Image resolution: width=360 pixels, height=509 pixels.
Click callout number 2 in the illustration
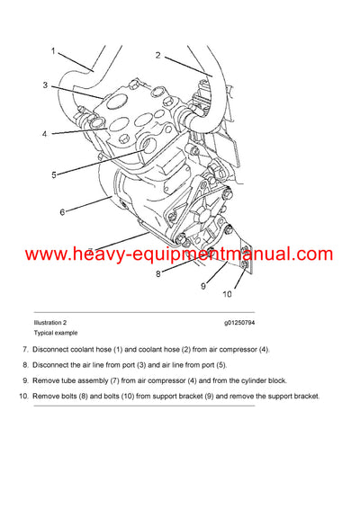[x=157, y=55]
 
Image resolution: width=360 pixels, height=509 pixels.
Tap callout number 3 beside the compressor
[x=44, y=85]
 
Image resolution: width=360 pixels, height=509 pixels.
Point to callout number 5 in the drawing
[x=53, y=174]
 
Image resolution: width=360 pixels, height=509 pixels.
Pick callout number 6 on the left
[x=62, y=212]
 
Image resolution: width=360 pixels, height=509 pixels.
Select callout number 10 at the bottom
[x=228, y=294]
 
